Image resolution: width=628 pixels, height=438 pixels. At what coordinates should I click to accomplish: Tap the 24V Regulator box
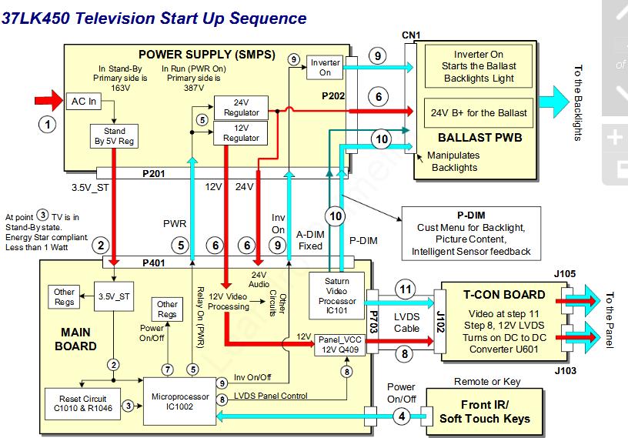pos(241,108)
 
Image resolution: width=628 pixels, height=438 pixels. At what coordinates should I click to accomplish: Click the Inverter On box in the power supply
pos(325,67)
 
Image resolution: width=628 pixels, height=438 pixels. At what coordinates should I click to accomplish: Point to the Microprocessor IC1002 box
pos(179,400)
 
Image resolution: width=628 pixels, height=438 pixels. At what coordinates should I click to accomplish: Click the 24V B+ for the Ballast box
pos(479,112)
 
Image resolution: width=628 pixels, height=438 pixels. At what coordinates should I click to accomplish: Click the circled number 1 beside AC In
pos(48,123)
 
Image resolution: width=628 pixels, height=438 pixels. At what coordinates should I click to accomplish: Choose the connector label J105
pos(585,272)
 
